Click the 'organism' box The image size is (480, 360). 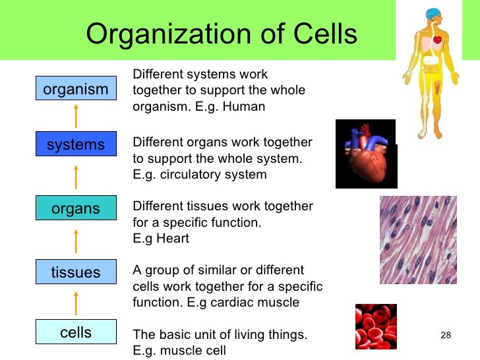pos(75,89)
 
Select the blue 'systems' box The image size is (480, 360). pos(75,144)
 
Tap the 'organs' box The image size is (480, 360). pos(75,209)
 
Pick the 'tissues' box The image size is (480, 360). pos(75,272)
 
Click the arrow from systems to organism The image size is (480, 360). pos(76,116)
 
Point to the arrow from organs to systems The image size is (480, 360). pos(76,177)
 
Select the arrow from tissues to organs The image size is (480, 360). pos(76,241)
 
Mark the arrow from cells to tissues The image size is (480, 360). pos(76,303)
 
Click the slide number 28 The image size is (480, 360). pos(445,336)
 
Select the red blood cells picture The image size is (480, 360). pos(376,326)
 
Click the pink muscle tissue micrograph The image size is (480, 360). pos(418,239)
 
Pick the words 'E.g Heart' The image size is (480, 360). pos(161,239)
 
